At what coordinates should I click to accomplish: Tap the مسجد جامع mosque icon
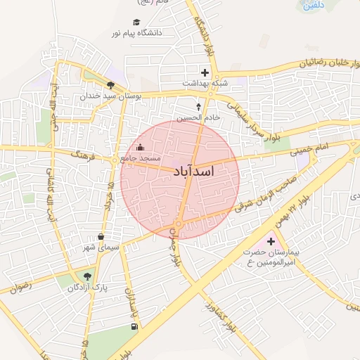(139, 148)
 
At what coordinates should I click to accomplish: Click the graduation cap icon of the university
(136, 22)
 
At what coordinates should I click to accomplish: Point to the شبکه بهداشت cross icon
(205, 72)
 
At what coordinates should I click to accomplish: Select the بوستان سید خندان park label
(110, 94)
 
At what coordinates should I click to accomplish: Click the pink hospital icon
(271, 242)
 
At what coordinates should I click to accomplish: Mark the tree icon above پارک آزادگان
(87, 276)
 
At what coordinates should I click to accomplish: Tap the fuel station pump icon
(134, 327)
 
